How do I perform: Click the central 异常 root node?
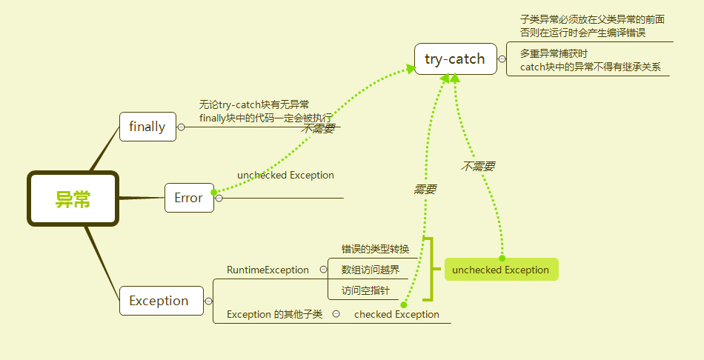pyautogui.click(x=73, y=199)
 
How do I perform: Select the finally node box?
pyautogui.click(x=147, y=127)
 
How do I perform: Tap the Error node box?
pyautogui.click(x=188, y=198)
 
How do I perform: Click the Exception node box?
pyautogui.click(x=160, y=301)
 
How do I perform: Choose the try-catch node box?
pyautogui.click(x=455, y=59)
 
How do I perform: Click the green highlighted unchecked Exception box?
pyautogui.click(x=501, y=270)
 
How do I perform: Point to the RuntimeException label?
pyautogui.click(x=268, y=270)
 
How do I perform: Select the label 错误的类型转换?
pyautogui.click(x=375, y=249)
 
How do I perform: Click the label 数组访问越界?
pyautogui.click(x=371, y=270)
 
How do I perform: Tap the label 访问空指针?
pyautogui.click(x=365, y=290)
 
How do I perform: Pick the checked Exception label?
pyautogui.click(x=396, y=314)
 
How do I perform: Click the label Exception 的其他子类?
pyautogui.click(x=274, y=314)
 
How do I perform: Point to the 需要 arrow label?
pyautogui.click(x=425, y=190)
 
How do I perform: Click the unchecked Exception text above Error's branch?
pyautogui.click(x=285, y=176)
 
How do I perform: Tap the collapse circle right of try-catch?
pyautogui.click(x=502, y=59)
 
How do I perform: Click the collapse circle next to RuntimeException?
pyautogui.click(x=323, y=270)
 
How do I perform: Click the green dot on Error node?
pyautogui.click(x=214, y=193)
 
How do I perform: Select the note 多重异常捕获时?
pyautogui.click(x=554, y=54)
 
